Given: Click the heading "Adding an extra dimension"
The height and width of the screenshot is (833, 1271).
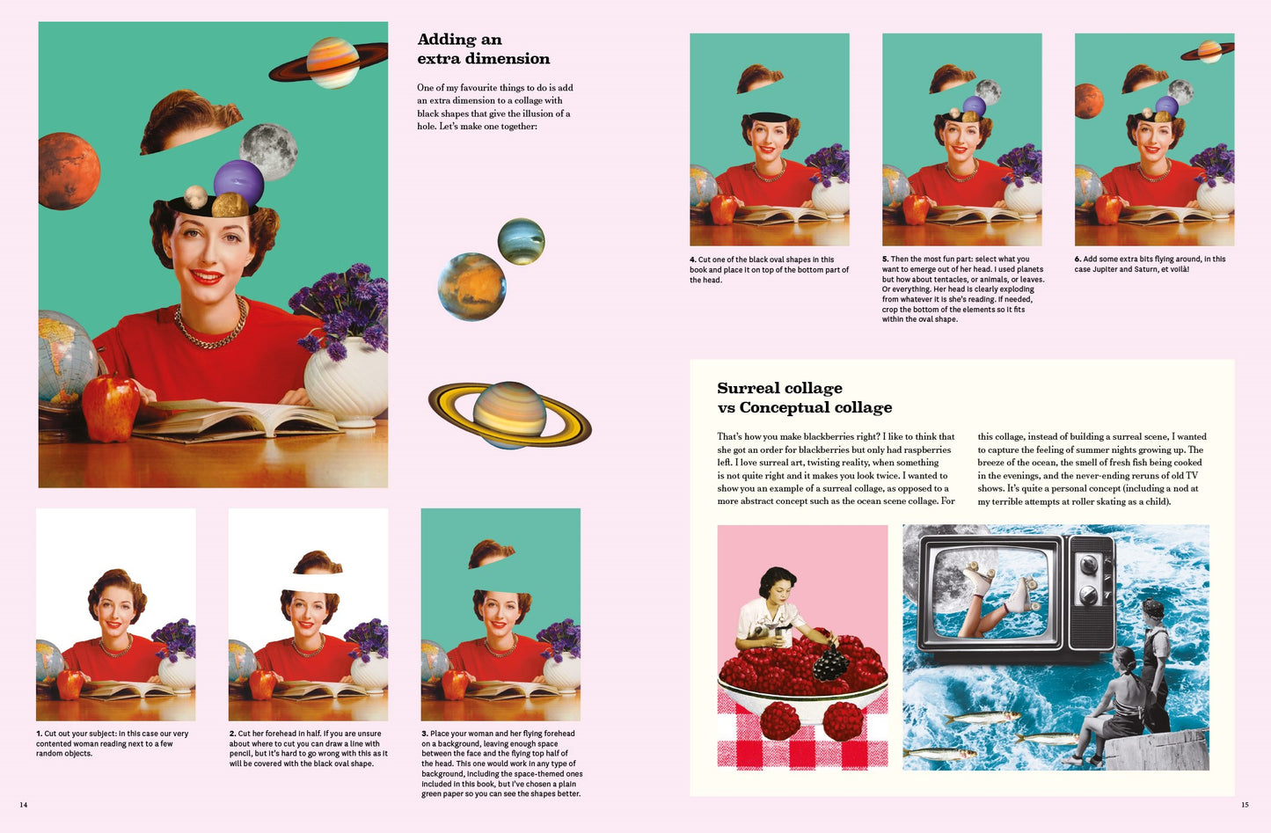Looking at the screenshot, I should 483,49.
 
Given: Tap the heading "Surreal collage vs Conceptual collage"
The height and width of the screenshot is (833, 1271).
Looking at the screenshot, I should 804,398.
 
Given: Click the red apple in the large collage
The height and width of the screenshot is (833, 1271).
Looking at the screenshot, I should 110,406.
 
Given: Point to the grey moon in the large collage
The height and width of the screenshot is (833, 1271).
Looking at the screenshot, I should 268,150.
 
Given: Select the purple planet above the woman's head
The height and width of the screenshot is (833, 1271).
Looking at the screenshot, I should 238,182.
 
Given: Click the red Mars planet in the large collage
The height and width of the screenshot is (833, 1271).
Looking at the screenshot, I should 68,172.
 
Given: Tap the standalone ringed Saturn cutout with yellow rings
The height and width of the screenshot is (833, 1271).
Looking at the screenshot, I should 509,414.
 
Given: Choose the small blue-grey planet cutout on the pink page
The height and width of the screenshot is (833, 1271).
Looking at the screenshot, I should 521,241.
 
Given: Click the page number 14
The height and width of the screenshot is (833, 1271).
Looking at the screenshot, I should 24,805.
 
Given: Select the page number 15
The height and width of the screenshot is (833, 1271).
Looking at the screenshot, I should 1245,805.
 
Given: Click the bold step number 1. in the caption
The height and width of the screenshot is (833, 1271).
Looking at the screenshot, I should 40,734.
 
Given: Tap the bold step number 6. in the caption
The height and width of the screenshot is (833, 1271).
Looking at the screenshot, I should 1078,259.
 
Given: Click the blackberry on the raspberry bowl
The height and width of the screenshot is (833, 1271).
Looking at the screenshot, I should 831,663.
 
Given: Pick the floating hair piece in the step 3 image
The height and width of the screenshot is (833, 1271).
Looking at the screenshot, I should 491,553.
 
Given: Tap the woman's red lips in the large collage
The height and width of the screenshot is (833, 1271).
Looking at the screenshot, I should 207,277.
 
